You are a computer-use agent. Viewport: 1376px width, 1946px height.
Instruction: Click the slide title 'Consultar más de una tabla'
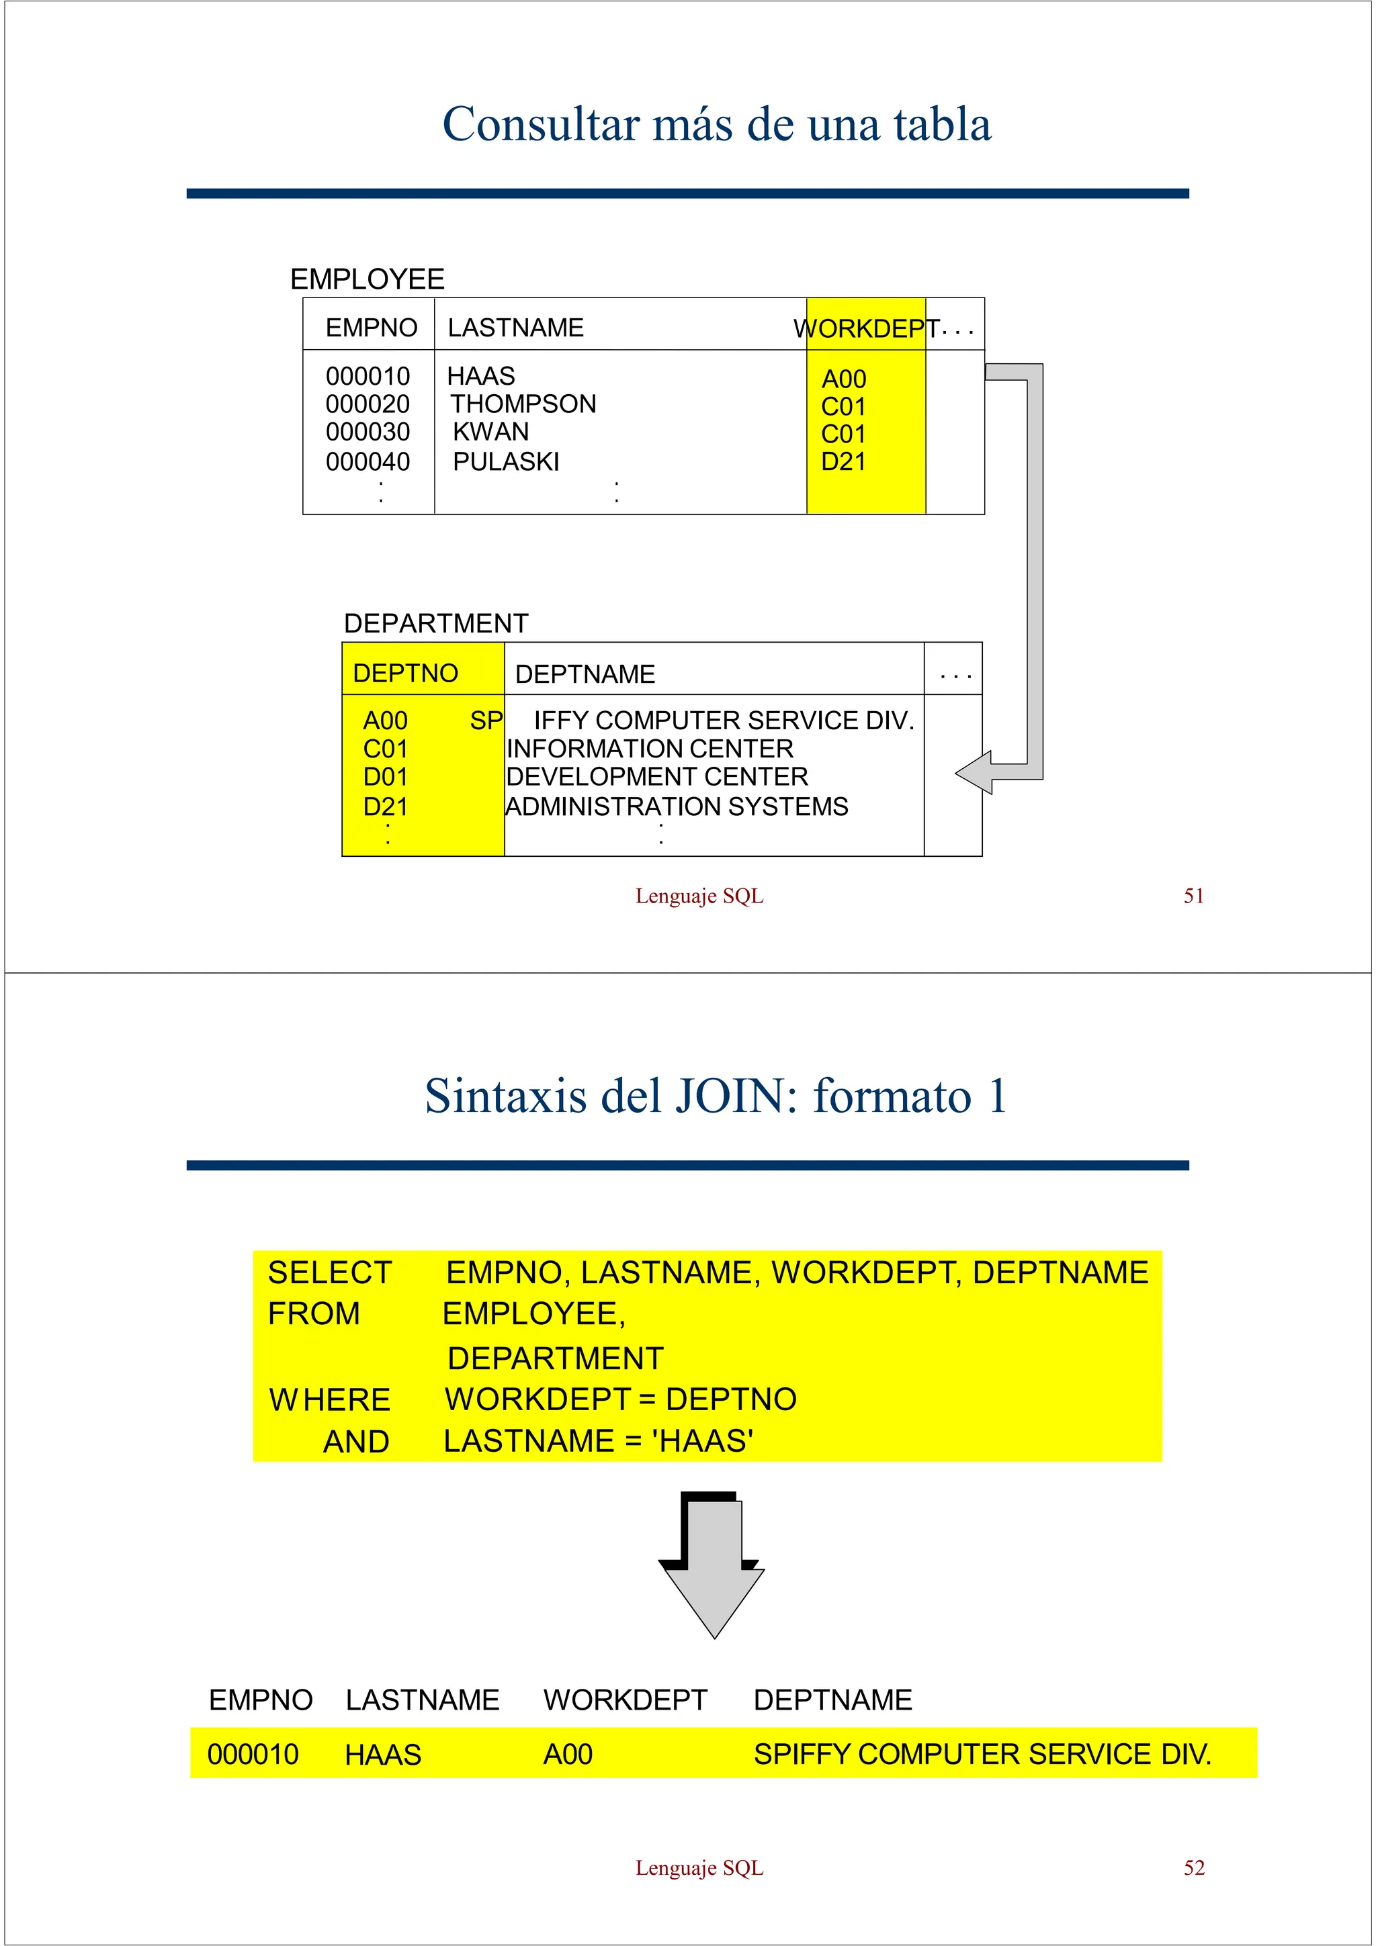[x=716, y=125]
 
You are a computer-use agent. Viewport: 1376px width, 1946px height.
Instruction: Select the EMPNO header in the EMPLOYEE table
[x=372, y=328]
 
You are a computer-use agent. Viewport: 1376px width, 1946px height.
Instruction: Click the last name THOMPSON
[x=523, y=404]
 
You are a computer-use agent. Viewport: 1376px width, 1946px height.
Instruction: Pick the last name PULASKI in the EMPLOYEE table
[x=506, y=462]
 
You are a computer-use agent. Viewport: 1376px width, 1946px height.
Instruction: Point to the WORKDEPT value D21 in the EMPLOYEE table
[x=844, y=462]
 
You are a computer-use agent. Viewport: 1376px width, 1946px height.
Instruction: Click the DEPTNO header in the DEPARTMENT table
[x=405, y=673]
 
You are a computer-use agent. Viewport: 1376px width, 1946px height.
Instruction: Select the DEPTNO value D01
[x=385, y=777]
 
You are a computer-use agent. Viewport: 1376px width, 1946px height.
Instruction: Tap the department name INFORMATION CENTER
[x=650, y=749]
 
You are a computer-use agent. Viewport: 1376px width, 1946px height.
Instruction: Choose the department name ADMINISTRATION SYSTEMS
[x=677, y=807]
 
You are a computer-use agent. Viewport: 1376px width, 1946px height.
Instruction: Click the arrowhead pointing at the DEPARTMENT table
[x=975, y=772]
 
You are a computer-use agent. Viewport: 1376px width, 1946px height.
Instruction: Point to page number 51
[x=1194, y=896]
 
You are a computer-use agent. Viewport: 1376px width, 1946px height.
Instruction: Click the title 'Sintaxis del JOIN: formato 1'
[x=716, y=1096]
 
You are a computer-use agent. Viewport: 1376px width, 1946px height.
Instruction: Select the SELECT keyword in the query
[x=330, y=1273]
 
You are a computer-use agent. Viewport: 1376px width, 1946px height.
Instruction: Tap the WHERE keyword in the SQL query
[x=330, y=1400]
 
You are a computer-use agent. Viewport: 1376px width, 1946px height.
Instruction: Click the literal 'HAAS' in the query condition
[x=702, y=1441]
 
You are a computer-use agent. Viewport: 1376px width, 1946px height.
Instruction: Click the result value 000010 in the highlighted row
[x=253, y=1755]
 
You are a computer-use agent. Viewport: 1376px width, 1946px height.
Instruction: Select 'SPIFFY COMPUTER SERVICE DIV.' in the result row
[x=982, y=1755]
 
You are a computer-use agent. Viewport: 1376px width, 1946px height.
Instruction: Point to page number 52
[x=1194, y=1868]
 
